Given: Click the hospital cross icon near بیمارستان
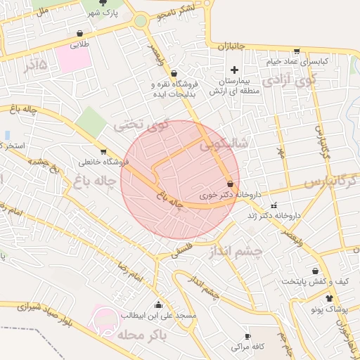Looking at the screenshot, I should click(235, 69).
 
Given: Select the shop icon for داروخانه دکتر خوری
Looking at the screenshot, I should click(231, 184).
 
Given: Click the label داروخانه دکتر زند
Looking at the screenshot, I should click(274, 215).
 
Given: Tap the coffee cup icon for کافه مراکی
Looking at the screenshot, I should click(235, 347).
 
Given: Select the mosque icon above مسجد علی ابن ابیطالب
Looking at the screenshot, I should click(157, 305).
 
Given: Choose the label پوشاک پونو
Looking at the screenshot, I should click(328, 309).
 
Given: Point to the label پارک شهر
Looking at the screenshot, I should click(101, 13).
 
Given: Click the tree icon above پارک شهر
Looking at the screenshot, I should click(103, 3).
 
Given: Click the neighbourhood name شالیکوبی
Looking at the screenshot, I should click(224, 145).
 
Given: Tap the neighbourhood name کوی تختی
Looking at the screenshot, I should click(141, 126).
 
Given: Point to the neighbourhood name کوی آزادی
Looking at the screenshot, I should click(289, 81).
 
